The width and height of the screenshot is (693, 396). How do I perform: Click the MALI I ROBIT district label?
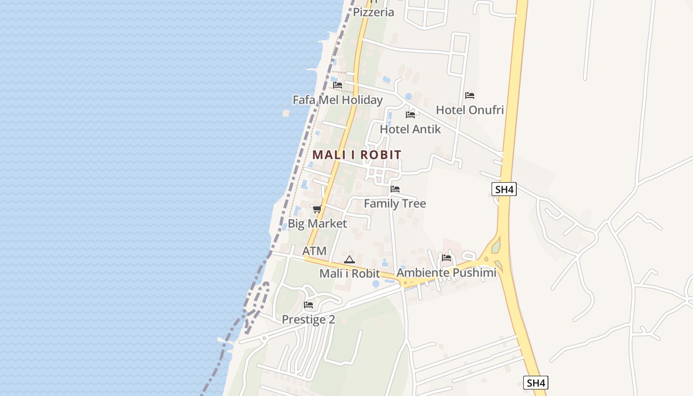pyautogui.click(x=356, y=155)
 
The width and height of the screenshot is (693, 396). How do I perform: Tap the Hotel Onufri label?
pyautogui.click(x=470, y=110)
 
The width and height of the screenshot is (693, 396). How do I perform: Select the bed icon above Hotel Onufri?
pyautogui.click(x=470, y=95)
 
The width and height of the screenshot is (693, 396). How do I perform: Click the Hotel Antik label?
pyautogui.click(x=410, y=129)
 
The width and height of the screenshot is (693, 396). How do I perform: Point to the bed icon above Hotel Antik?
pyautogui.click(x=410, y=115)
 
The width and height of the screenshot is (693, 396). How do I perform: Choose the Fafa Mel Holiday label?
pyautogui.click(x=338, y=100)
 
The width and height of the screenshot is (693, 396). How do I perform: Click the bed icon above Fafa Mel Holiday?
pyautogui.click(x=338, y=85)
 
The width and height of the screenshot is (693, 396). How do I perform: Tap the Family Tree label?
pyautogui.click(x=395, y=203)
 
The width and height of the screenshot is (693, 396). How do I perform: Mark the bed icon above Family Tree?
pyautogui.click(x=395, y=189)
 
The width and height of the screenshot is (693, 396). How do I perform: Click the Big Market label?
pyautogui.click(x=317, y=224)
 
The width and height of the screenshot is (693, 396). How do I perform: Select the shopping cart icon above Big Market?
pyautogui.click(x=317, y=209)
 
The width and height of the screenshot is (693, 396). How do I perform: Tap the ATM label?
pyautogui.click(x=314, y=251)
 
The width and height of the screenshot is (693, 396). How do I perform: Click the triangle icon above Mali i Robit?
pyautogui.click(x=349, y=259)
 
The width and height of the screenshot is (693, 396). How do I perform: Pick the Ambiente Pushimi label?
pyautogui.click(x=446, y=273)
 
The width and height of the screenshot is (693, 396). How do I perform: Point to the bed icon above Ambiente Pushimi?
pyautogui.click(x=446, y=258)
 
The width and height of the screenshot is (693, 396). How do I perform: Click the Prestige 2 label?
pyautogui.click(x=308, y=320)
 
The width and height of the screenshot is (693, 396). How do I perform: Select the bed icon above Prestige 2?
pyautogui.click(x=308, y=305)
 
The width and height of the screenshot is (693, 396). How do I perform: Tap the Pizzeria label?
pyautogui.click(x=373, y=12)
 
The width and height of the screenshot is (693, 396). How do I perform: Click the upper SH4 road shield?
pyautogui.click(x=504, y=189)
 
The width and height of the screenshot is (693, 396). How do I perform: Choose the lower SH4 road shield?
pyautogui.click(x=536, y=383)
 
